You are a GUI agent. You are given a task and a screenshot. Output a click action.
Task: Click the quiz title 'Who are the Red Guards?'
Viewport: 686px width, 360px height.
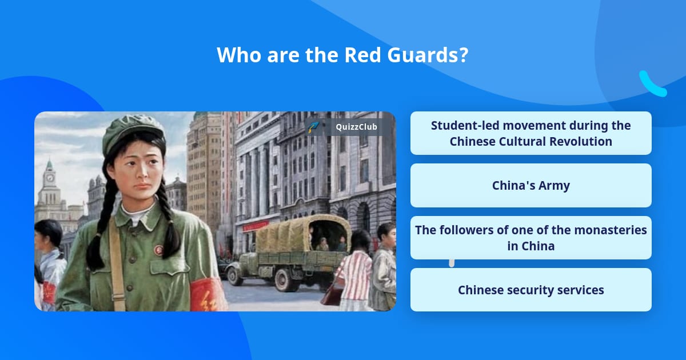point(342,55)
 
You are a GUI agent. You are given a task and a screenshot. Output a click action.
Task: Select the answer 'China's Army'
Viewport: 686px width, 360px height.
point(531,185)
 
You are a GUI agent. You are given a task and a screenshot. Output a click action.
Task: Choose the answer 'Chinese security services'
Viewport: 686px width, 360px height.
point(531,290)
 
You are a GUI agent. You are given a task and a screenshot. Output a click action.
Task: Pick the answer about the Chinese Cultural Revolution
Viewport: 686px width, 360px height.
point(531,133)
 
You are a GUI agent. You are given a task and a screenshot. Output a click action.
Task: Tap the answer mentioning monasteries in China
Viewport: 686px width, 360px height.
point(531,238)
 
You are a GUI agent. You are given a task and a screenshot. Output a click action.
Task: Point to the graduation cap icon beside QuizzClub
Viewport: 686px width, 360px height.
point(313,127)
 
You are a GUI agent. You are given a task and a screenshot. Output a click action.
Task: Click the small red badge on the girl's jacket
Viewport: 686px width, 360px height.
point(158,250)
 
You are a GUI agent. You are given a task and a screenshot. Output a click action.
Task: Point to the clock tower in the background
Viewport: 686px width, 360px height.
point(50,183)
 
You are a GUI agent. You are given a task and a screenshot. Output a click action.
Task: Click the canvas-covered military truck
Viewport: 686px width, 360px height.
point(292,251)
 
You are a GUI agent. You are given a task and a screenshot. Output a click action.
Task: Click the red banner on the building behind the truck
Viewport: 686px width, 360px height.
point(255,226)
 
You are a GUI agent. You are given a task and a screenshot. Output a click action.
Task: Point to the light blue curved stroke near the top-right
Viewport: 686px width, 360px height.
point(652,84)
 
